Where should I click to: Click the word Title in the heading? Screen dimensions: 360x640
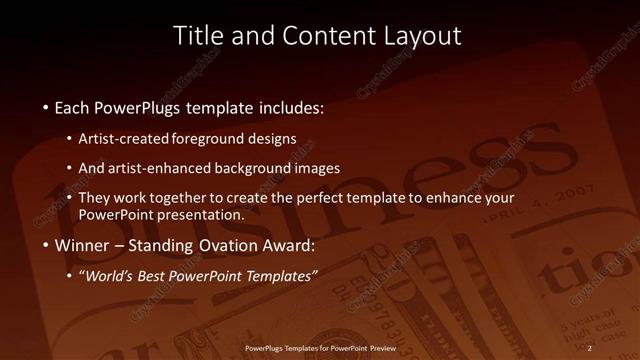coord(196,36)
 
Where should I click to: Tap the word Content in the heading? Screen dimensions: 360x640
coord(313,36)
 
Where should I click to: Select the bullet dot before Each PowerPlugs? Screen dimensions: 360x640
coord(46,107)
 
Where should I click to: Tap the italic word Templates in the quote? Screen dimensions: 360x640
coord(281,276)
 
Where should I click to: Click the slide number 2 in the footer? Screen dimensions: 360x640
coord(590,347)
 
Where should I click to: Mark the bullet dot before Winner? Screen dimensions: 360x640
coord(46,245)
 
